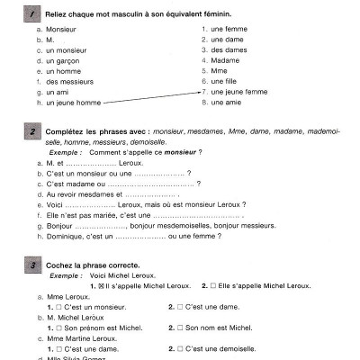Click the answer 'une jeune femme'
[x=238, y=92]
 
